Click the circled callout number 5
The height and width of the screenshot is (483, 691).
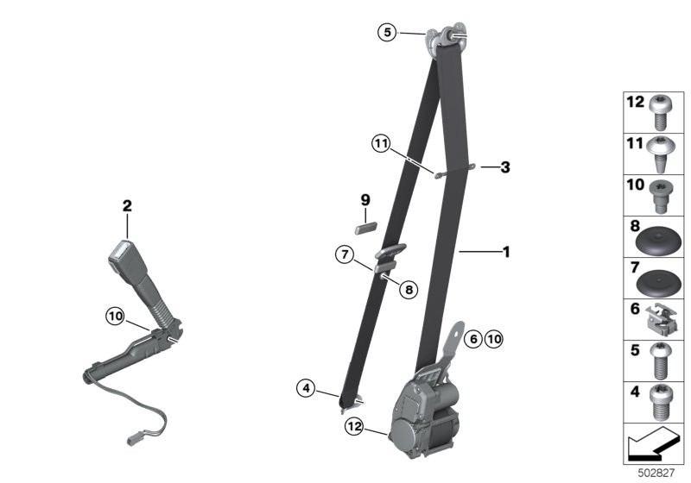tap(387, 33)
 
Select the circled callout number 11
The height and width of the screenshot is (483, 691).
tap(381, 143)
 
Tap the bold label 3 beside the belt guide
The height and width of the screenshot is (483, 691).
tap(505, 167)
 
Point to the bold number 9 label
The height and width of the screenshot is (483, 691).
tap(365, 201)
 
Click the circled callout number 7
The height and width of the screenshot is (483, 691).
tap(345, 254)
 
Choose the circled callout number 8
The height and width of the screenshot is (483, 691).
tap(409, 290)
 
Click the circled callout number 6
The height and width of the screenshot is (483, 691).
tap(473, 339)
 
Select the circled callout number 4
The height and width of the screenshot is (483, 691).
tap(306, 388)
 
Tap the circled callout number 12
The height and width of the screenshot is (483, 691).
tap(354, 426)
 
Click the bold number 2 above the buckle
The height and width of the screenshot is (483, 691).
tap(127, 206)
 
